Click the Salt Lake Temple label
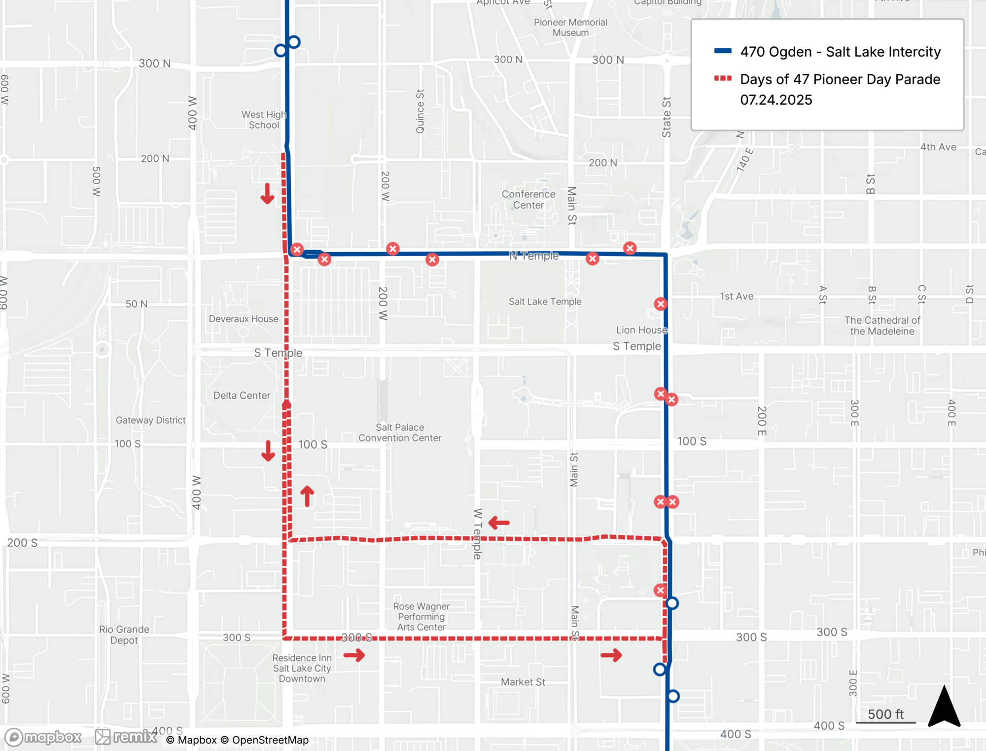pyautogui.click(x=545, y=301)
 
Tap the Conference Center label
pyautogui.click(x=528, y=199)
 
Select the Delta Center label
pyautogui.click(x=242, y=395)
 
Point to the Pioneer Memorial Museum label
pyautogui.click(x=570, y=28)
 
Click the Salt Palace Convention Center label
pyautogui.click(x=400, y=432)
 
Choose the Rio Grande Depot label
pyautogui.click(x=124, y=635)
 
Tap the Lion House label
pyautogui.click(x=641, y=330)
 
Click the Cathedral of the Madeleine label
pyautogui.click(x=882, y=326)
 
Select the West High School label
pyautogui.click(x=264, y=120)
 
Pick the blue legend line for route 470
pyautogui.click(x=723, y=51)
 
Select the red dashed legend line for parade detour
pyautogui.click(x=723, y=78)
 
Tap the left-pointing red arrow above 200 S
pyautogui.click(x=499, y=522)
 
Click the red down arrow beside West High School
pyautogui.click(x=267, y=193)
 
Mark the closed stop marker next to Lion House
pyautogui.click(x=661, y=304)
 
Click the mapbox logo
pyautogui.click(x=43, y=737)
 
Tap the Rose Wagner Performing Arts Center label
pyautogui.click(x=421, y=616)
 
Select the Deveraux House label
pyautogui.click(x=243, y=319)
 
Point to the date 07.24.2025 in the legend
pyautogui.click(x=776, y=100)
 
